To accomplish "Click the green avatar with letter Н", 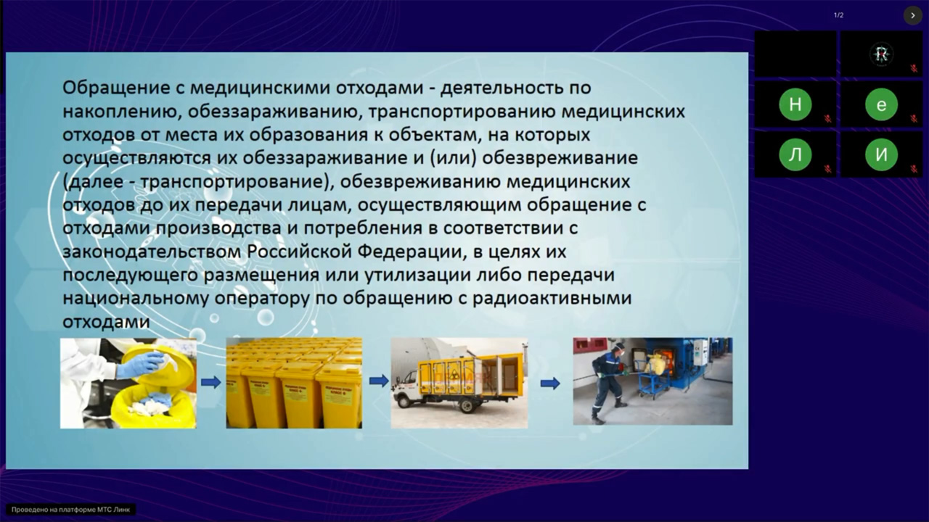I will coord(795,105).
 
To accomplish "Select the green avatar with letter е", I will coord(881,105).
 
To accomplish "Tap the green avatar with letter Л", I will coord(795,154).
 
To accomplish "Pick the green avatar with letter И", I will coord(881,154).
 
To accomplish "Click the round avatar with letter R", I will coord(881,54).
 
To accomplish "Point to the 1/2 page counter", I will coord(838,15).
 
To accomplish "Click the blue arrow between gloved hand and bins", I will coord(210,382).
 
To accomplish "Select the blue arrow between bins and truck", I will coord(377,381).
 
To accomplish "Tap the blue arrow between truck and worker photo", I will coord(550,383).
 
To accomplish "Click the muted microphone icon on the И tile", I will coord(913,168).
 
